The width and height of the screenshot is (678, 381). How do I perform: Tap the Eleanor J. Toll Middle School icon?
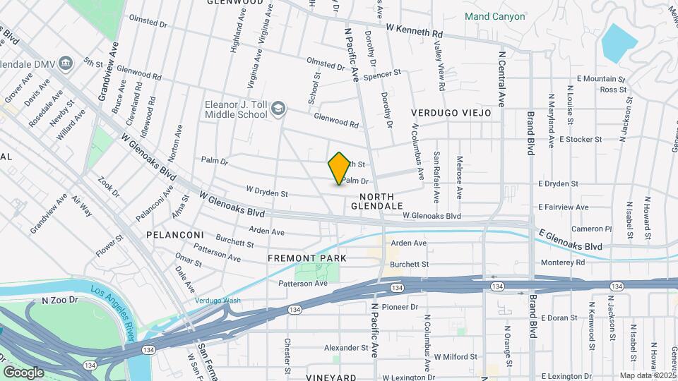[x=279, y=108]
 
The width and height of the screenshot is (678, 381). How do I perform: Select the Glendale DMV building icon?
[x=66, y=63]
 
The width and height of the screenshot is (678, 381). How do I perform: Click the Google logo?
[x=23, y=372]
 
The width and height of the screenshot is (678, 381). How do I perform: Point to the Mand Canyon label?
[x=494, y=16]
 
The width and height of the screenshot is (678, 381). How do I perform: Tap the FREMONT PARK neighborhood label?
[x=307, y=258]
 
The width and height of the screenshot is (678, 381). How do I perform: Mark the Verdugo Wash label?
[x=218, y=300]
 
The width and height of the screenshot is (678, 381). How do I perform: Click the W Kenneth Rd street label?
[x=414, y=30]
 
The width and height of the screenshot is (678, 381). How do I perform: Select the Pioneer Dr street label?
[x=399, y=307]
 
